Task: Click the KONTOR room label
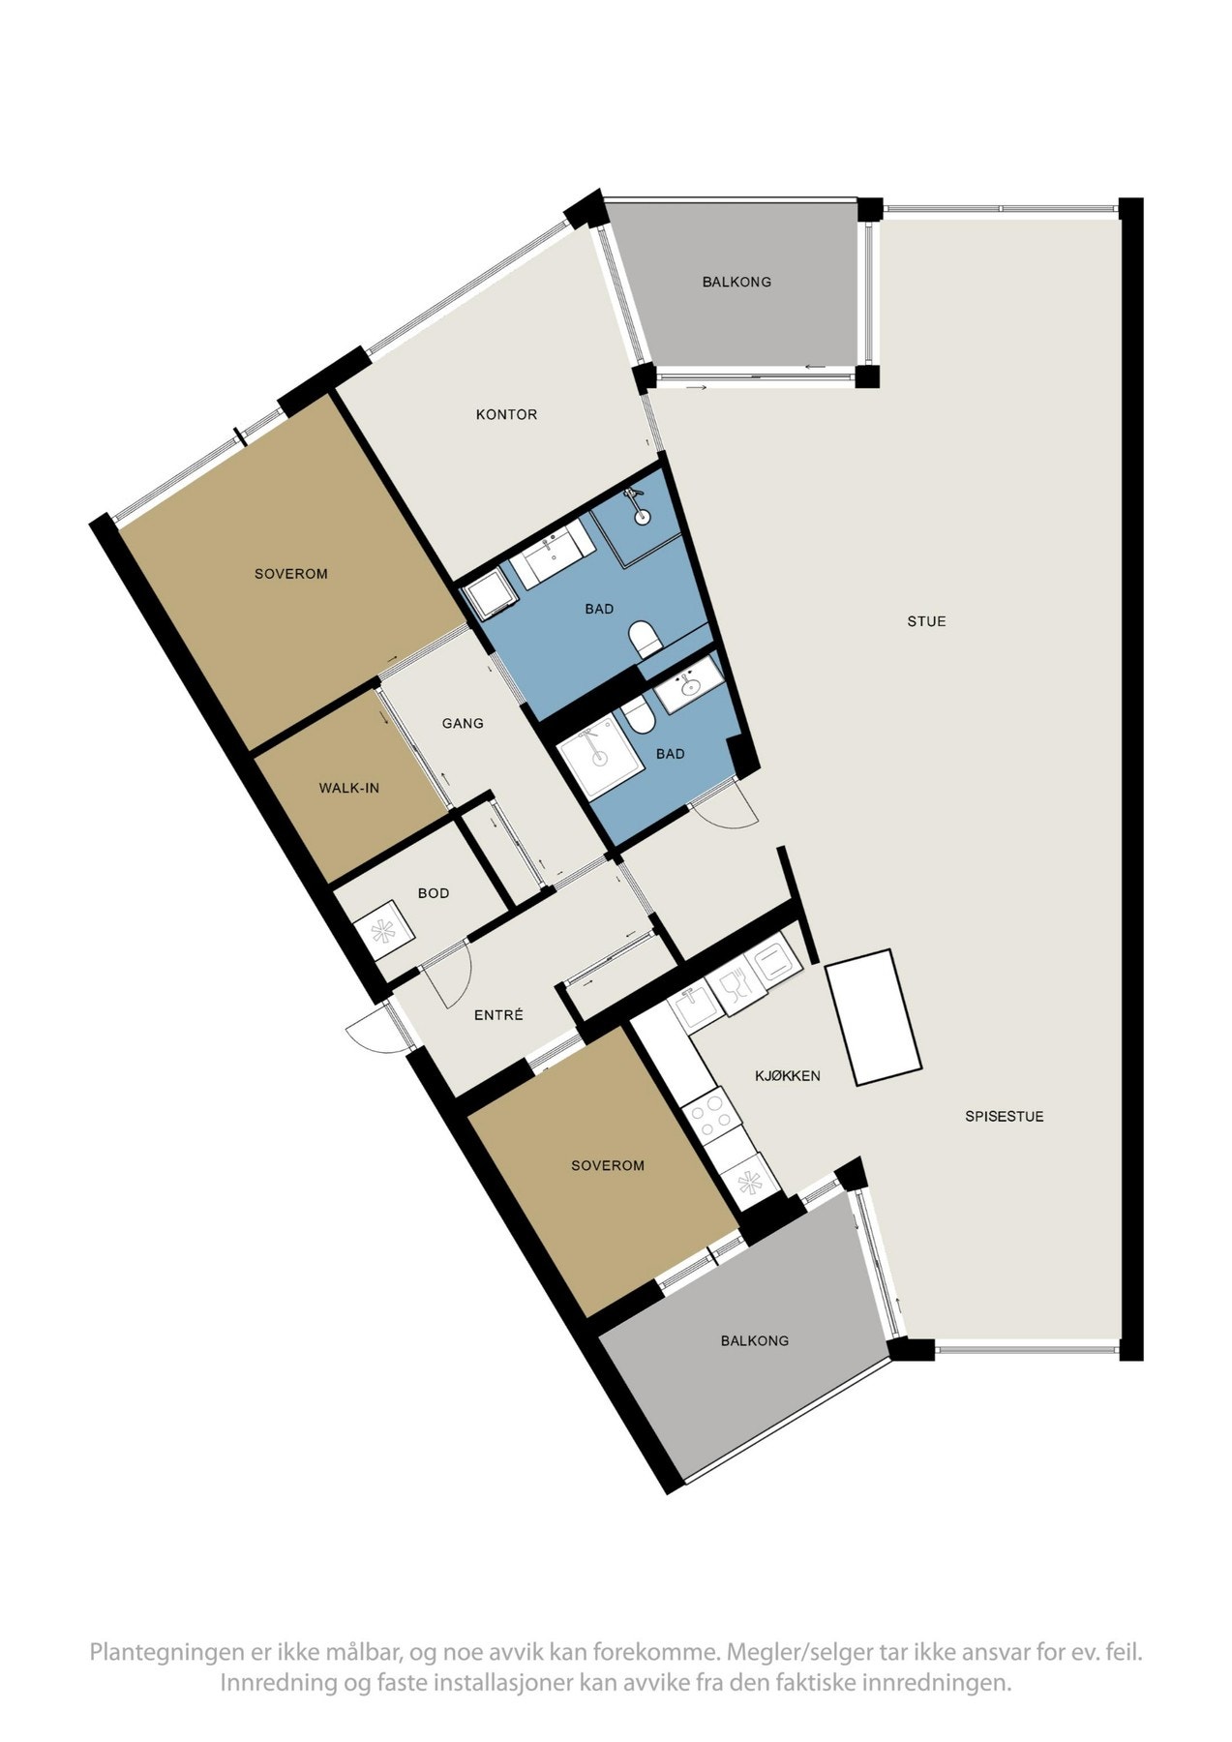[x=506, y=415]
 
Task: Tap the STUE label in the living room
[x=926, y=621]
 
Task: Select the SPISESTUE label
[x=1004, y=1116]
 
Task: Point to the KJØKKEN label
[x=788, y=1075]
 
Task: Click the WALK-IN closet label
[x=348, y=788]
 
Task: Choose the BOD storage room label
[x=434, y=893]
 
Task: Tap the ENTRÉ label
[x=498, y=1015]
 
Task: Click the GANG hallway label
[x=463, y=723]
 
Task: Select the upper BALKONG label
[x=736, y=283]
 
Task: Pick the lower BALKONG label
[x=754, y=1340]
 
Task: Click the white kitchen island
[x=873, y=1016]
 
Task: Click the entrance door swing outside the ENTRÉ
[x=371, y=1029]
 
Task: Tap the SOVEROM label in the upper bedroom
[x=290, y=574]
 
